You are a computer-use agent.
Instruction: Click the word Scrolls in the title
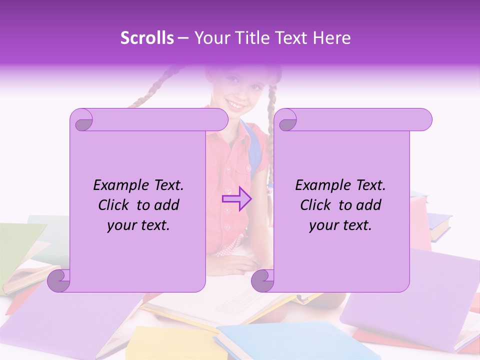(x=147, y=38)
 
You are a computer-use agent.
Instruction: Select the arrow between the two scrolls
(x=237, y=198)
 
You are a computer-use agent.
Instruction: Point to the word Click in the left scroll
(x=116, y=205)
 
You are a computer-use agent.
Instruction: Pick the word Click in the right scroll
(x=318, y=205)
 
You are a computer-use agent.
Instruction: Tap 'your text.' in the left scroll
(x=138, y=225)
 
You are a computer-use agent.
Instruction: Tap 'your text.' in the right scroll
(x=340, y=225)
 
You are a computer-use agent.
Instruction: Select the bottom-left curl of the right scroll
(x=263, y=280)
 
